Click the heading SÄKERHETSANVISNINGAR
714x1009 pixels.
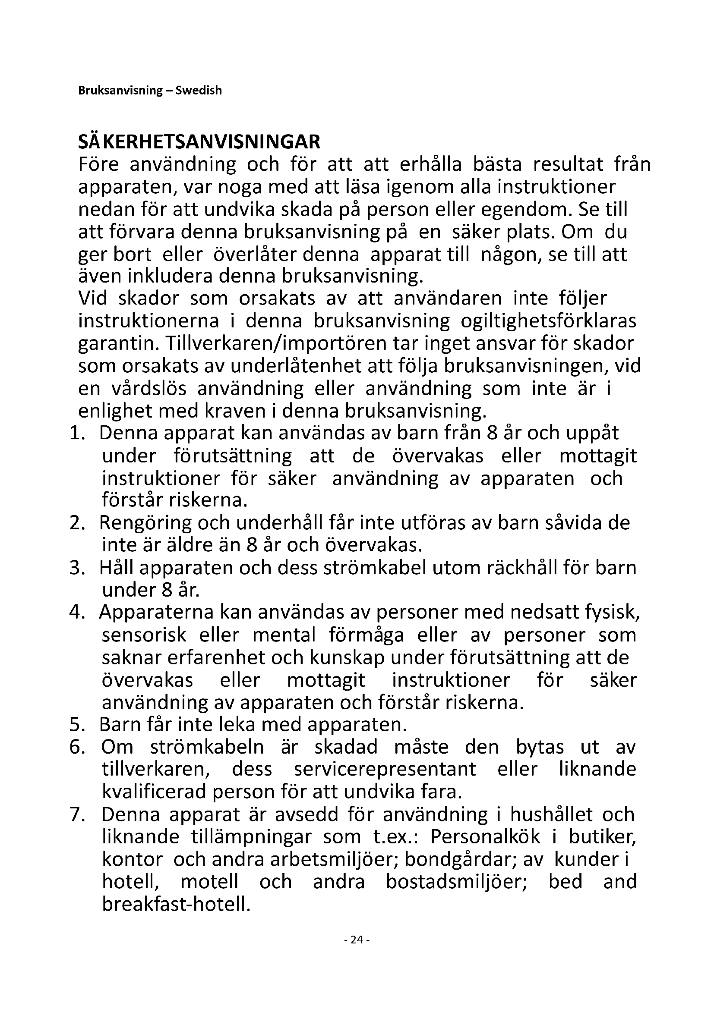(x=199, y=142)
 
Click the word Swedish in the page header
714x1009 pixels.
(x=199, y=91)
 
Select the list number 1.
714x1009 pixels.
(x=76, y=433)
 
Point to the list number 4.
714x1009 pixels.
(x=76, y=613)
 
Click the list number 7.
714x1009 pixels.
(x=76, y=815)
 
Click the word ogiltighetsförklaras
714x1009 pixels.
(x=548, y=321)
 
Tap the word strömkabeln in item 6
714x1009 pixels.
(x=207, y=747)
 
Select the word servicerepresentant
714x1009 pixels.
(x=385, y=770)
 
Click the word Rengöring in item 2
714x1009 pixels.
(x=145, y=523)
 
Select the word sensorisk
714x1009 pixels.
(x=144, y=635)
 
